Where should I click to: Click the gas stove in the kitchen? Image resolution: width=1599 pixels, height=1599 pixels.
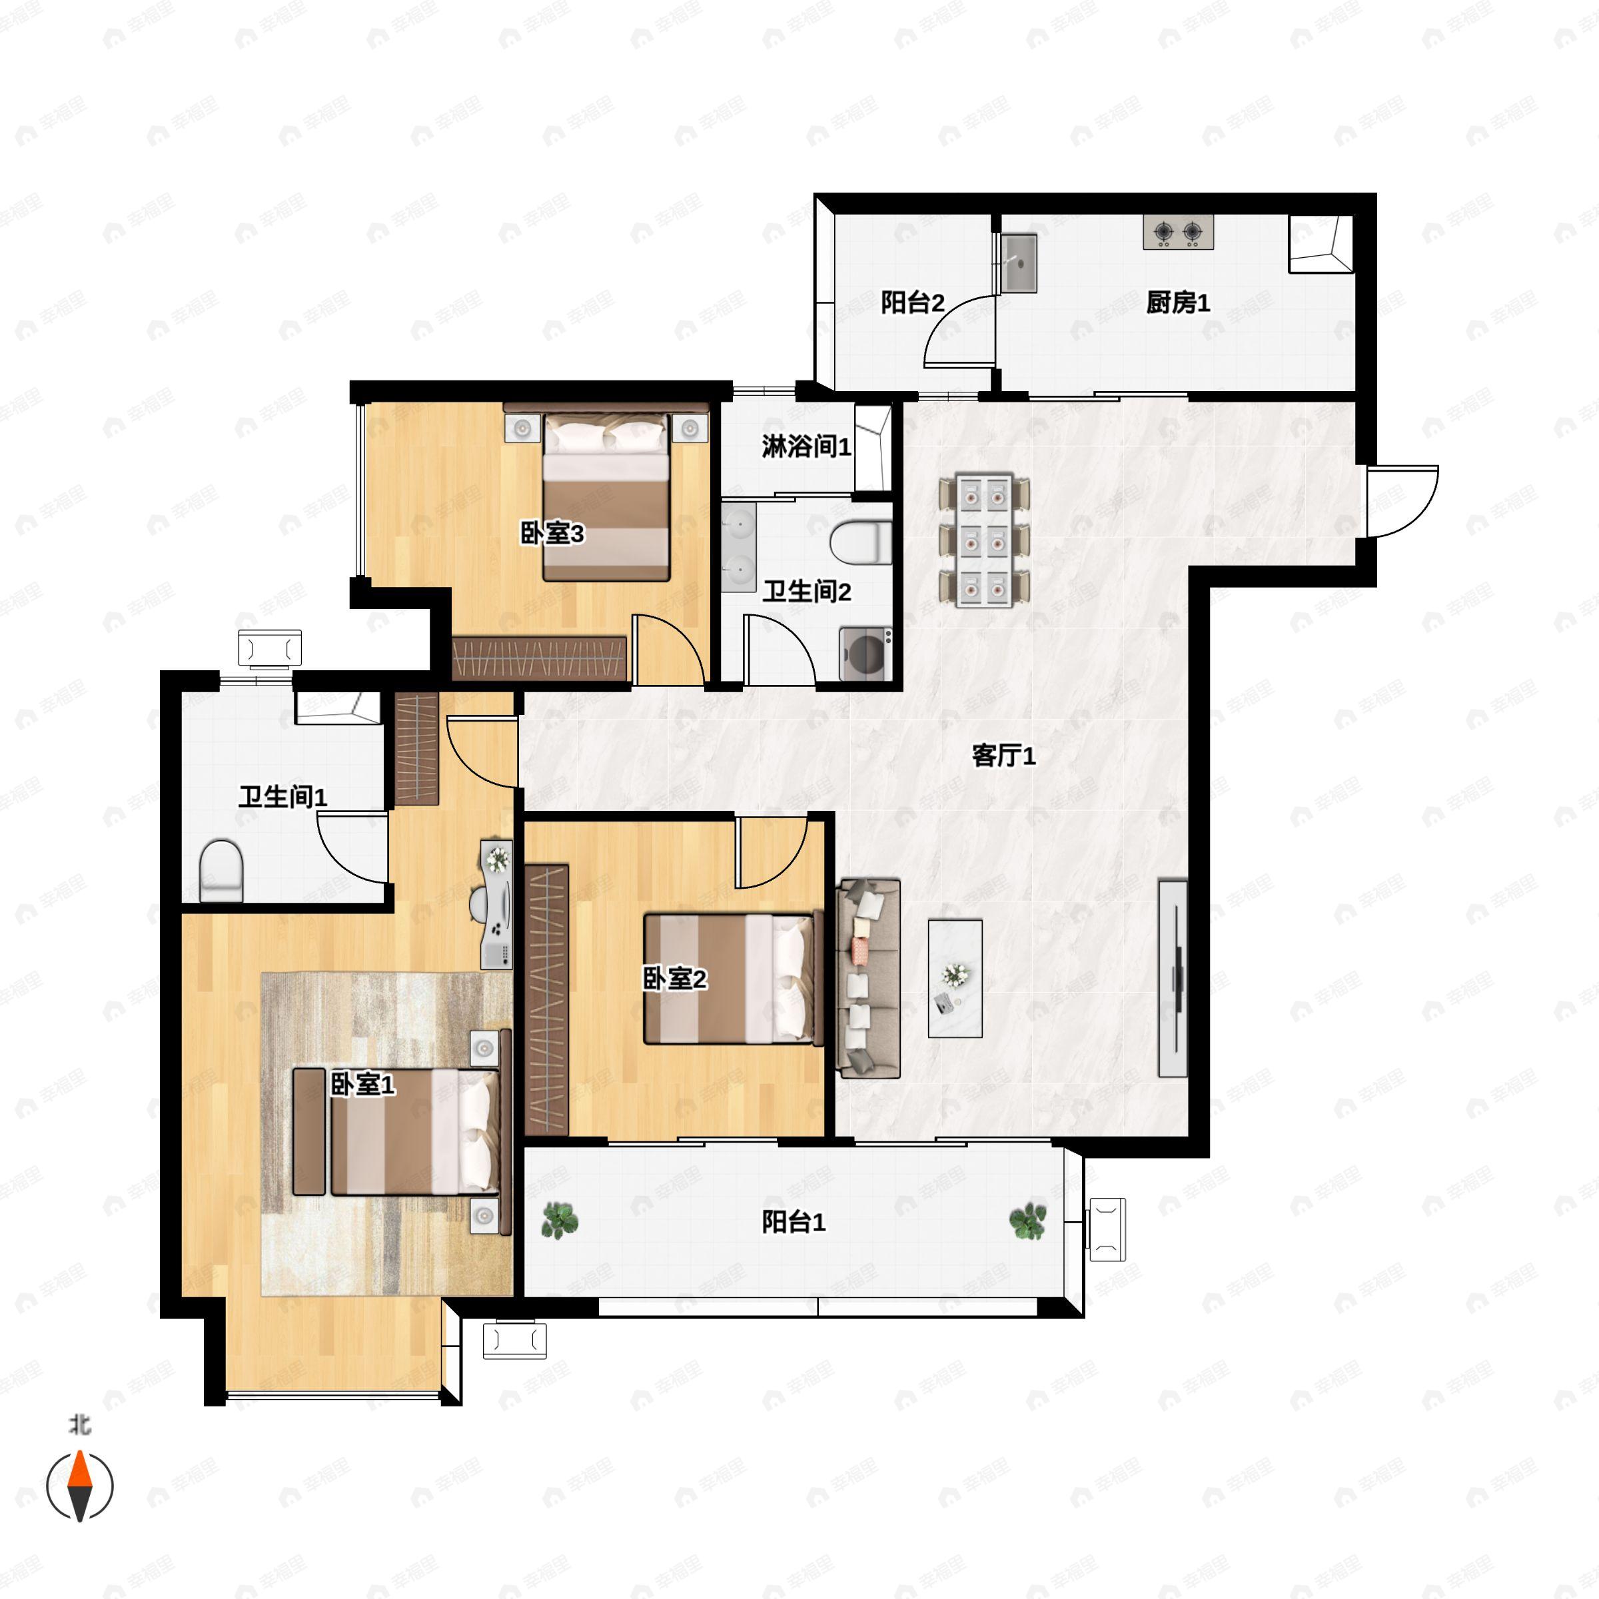click(1179, 233)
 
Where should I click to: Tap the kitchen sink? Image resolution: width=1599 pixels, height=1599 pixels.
click(1019, 263)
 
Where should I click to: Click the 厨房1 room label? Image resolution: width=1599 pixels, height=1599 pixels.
click(1178, 303)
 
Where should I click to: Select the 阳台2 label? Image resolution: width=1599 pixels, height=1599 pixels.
click(912, 303)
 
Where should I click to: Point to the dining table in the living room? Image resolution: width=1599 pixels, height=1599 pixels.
click(985, 540)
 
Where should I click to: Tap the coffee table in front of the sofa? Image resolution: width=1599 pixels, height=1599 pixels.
click(955, 978)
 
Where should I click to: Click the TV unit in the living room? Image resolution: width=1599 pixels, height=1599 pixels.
click(1173, 978)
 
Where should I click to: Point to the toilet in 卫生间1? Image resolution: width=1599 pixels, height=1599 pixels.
click(221, 871)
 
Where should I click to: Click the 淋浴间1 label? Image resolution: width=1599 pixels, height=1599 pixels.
click(806, 447)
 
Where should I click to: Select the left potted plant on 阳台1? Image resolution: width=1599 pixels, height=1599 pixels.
click(560, 1220)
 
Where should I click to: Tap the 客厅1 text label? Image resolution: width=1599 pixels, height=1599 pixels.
click(1003, 756)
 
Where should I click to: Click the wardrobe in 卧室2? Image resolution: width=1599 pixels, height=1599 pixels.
click(547, 999)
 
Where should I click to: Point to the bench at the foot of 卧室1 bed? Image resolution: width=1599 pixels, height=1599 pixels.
click(308, 1131)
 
